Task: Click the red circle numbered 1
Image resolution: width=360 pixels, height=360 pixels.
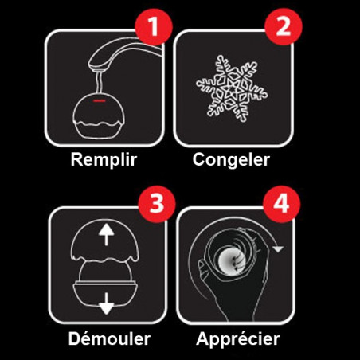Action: (154, 26)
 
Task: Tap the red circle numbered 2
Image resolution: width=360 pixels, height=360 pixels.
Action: (284, 26)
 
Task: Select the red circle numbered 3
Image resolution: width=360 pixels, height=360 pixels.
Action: (157, 204)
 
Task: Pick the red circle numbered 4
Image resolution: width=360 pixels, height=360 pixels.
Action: (281, 204)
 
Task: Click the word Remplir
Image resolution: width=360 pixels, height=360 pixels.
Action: (104, 159)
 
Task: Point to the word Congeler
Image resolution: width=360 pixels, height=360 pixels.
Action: (231, 159)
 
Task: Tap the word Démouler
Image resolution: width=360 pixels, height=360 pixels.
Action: (109, 338)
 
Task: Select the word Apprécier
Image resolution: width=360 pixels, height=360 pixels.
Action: (238, 339)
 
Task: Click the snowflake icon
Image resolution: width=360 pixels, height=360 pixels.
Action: (232, 88)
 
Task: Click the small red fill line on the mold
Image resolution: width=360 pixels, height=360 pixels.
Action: (100, 101)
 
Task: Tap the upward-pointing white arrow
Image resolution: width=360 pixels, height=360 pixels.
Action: (106, 234)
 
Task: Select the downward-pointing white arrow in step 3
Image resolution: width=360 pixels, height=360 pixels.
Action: (107, 303)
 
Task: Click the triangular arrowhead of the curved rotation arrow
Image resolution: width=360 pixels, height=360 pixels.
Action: (278, 248)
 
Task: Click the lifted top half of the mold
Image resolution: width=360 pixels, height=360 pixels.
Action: (104, 241)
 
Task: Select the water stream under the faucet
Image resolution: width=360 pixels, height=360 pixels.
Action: (100, 82)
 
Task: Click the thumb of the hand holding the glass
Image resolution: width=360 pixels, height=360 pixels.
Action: (205, 268)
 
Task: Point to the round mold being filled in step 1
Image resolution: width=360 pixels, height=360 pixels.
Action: (98, 115)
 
